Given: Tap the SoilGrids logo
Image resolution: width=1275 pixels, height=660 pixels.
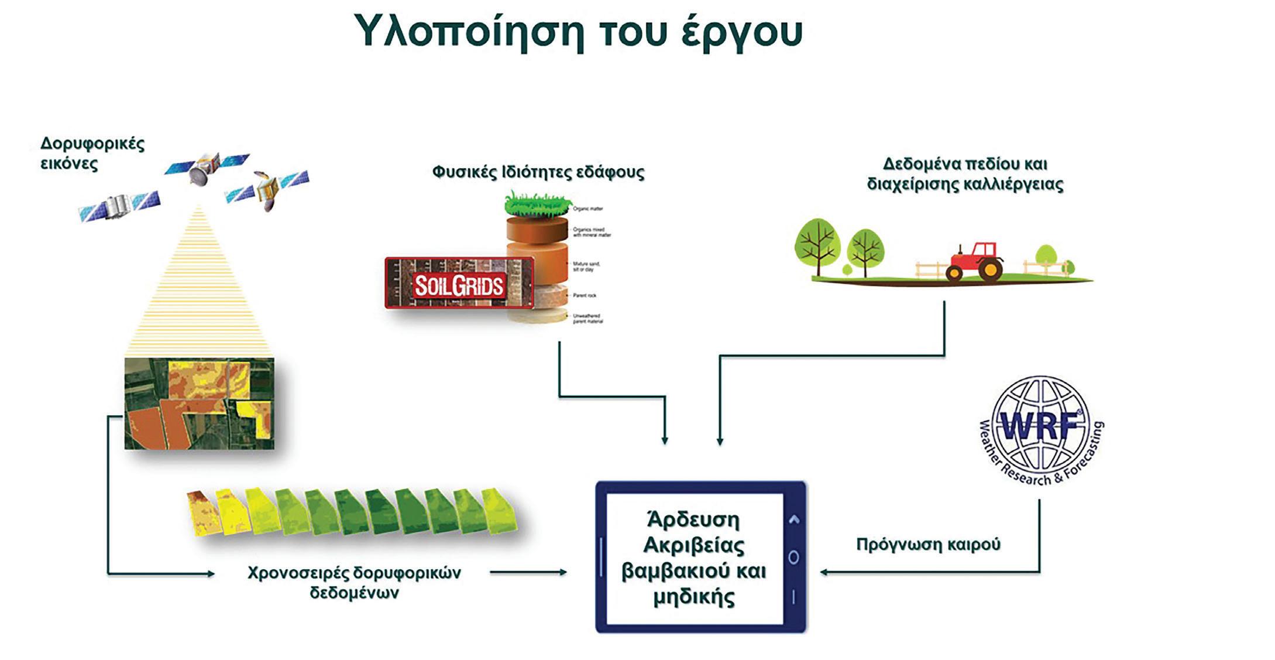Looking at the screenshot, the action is pos(459,283).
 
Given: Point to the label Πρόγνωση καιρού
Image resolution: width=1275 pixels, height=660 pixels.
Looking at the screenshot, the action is pos(928,545).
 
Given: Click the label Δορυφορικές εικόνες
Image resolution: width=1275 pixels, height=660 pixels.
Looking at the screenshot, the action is pos(92,153).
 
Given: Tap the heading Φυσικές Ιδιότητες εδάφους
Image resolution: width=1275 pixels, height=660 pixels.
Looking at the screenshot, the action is pos(538,172).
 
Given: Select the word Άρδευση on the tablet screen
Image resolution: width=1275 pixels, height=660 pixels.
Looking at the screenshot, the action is pos(693,519).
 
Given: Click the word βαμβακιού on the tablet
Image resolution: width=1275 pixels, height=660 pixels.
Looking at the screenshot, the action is pos(669,571).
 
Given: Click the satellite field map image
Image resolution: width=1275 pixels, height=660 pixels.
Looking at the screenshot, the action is pos(199,403).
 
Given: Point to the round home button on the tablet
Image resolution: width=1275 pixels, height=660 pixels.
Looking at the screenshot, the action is pos(793,557).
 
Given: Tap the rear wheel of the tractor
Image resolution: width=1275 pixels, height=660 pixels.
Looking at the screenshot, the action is pos(991,269).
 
